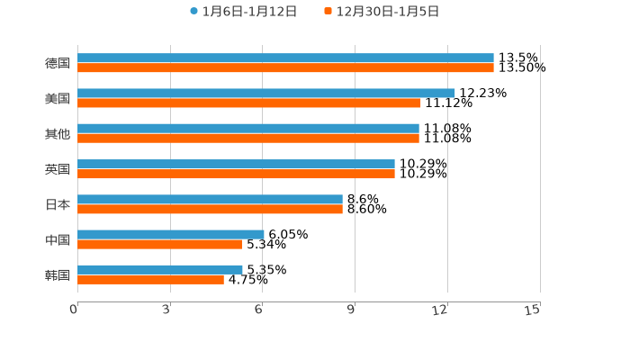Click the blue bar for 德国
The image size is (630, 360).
pos(285,58)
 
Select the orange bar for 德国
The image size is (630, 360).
pos(285,68)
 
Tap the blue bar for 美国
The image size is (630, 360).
pos(266,94)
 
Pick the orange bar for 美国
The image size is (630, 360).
pos(249,103)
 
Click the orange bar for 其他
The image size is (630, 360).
pos(248,139)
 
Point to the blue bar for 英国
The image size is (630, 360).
pos(236,164)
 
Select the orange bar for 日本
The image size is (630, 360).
pos(210,210)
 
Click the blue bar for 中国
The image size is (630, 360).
pos(171,234)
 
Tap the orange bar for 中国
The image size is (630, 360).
pos(159,245)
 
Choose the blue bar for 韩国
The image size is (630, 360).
pos(160,269)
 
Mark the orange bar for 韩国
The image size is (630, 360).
pos(150,280)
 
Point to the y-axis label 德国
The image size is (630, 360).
pos(58,64)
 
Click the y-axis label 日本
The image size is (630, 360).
pos(58,204)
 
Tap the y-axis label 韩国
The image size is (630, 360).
pos(58,274)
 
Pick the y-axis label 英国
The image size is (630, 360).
pos(58,169)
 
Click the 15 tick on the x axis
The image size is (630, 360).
pos(533,310)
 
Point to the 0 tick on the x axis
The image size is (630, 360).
pos(75,310)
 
